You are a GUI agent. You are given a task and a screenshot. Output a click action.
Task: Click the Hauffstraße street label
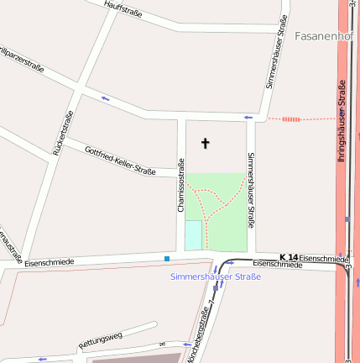(123, 9)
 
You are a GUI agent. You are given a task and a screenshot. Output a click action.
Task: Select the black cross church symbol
(206, 144)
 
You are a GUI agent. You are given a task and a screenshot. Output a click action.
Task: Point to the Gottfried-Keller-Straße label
(120, 160)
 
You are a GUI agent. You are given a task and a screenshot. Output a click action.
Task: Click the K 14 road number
(289, 256)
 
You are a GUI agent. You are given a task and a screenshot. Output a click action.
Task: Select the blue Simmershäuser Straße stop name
(215, 276)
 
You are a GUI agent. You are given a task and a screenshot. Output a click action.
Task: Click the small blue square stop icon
(167, 258)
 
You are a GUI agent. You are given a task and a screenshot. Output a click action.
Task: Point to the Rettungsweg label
(100, 340)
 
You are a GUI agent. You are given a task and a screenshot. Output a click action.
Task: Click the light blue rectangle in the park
(193, 235)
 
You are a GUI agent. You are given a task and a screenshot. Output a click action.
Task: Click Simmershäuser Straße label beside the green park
(250, 191)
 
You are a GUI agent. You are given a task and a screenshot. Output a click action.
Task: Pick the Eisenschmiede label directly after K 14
(322, 257)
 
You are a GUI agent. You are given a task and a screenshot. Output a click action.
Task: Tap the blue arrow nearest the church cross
(248, 117)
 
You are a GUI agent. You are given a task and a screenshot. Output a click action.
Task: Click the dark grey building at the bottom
(134, 358)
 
